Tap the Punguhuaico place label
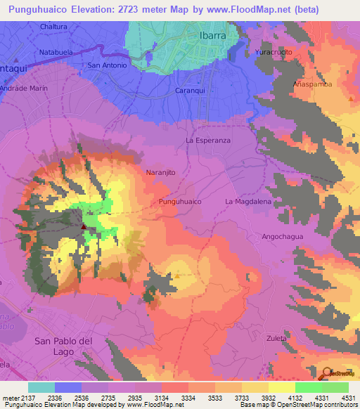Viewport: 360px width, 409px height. (x=181, y=202)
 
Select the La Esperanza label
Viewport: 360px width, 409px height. (x=208, y=141)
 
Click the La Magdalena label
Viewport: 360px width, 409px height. (x=247, y=202)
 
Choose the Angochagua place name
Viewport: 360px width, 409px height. (x=283, y=237)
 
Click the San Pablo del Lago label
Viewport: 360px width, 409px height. (x=64, y=346)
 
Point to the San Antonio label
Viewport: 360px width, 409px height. (x=107, y=65)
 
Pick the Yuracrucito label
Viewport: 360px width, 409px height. (x=273, y=53)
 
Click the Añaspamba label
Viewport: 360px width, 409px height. (x=312, y=84)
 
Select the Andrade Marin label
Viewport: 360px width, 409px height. (x=24, y=89)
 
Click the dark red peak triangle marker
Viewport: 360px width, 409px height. (x=84, y=226)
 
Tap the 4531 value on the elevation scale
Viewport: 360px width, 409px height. (x=345, y=397)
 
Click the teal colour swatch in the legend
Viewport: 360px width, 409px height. (x=41, y=387)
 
